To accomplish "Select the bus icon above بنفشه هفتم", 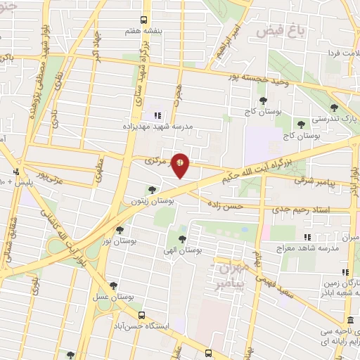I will pyautogui.click(x=143, y=20).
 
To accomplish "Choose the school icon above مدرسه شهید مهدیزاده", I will pyautogui.click(x=157, y=115).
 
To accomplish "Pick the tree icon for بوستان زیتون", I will pyautogui.click(x=152, y=189).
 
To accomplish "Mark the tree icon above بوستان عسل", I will pyautogui.click(x=114, y=285).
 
